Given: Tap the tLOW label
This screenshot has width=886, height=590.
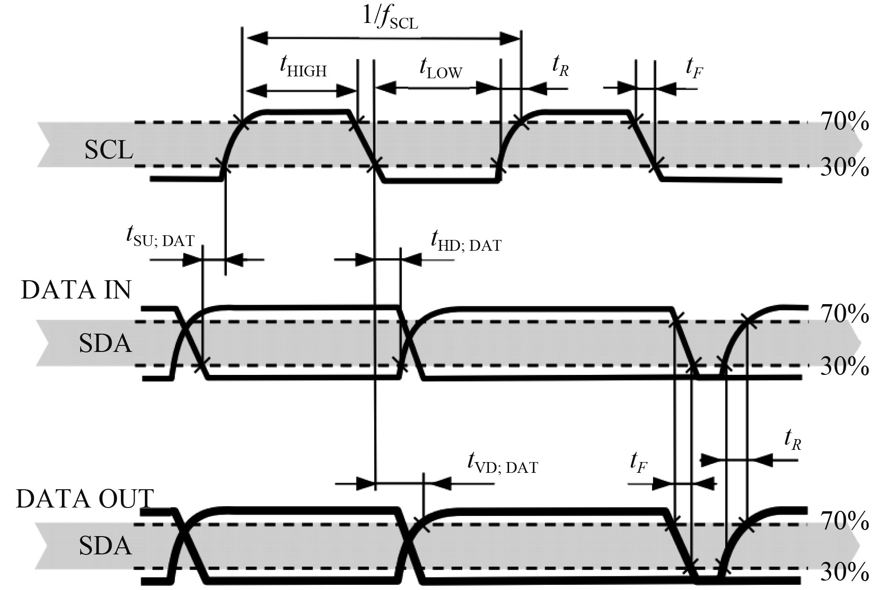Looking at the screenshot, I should point(441,70).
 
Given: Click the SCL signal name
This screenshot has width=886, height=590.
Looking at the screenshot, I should point(109,150).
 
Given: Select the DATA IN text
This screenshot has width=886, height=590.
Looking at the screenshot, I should point(76,290).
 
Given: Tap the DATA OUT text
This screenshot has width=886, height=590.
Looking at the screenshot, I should point(85,499).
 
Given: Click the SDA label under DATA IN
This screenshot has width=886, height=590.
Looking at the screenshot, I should point(105,344).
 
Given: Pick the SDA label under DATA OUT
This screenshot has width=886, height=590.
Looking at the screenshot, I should point(105,546).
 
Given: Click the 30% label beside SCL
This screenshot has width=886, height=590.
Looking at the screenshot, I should point(844,167).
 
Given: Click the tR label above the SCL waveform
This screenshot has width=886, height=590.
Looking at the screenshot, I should point(560,68).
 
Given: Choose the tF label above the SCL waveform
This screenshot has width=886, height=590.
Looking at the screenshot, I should point(694,68).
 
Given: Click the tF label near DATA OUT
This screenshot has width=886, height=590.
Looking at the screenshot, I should point(639,463).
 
